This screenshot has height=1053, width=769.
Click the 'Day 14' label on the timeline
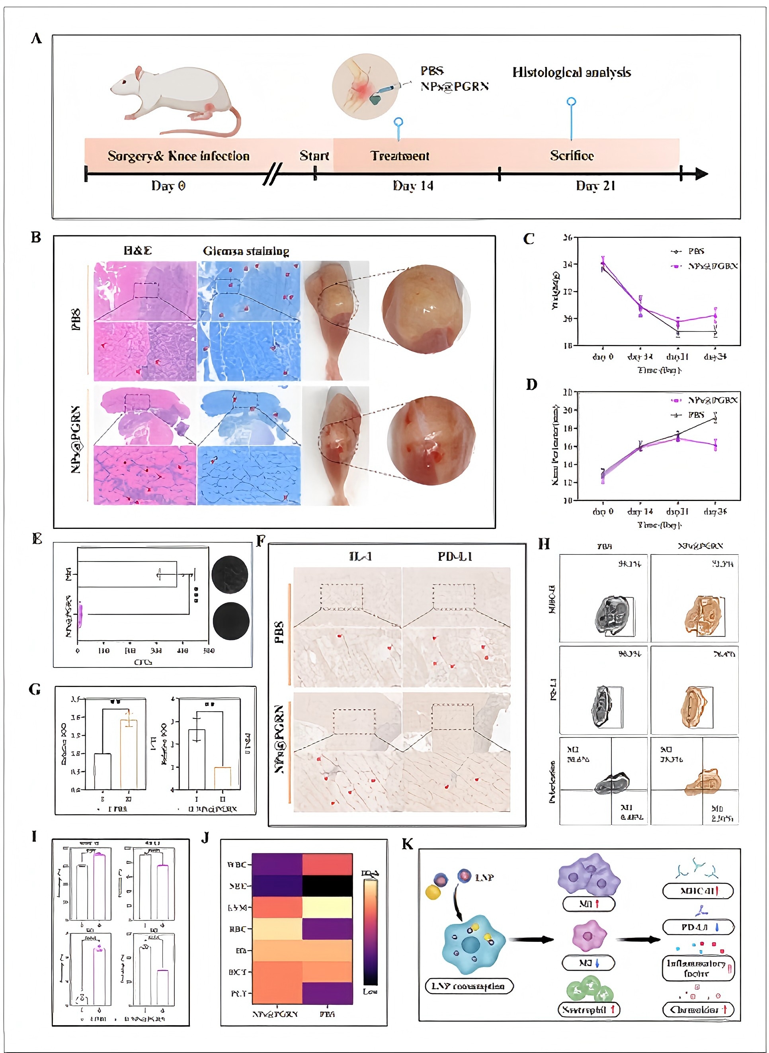(413, 186)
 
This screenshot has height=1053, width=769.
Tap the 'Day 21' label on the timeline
(595, 186)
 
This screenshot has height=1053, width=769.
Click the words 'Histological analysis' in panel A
(572, 72)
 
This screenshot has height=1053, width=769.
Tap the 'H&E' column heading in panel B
(138, 251)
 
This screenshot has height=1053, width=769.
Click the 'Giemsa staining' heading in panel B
(246, 251)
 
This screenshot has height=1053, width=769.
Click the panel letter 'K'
(407, 844)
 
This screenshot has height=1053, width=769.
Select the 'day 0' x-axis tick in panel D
(603, 511)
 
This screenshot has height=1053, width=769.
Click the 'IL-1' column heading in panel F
(360, 556)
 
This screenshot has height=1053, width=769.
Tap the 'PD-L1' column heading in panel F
(455, 556)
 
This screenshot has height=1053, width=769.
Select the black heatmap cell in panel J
(327, 886)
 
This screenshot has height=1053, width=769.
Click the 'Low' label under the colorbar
(370, 992)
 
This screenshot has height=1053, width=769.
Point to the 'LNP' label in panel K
(484, 877)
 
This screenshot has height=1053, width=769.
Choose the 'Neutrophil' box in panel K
(589, 1010)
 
